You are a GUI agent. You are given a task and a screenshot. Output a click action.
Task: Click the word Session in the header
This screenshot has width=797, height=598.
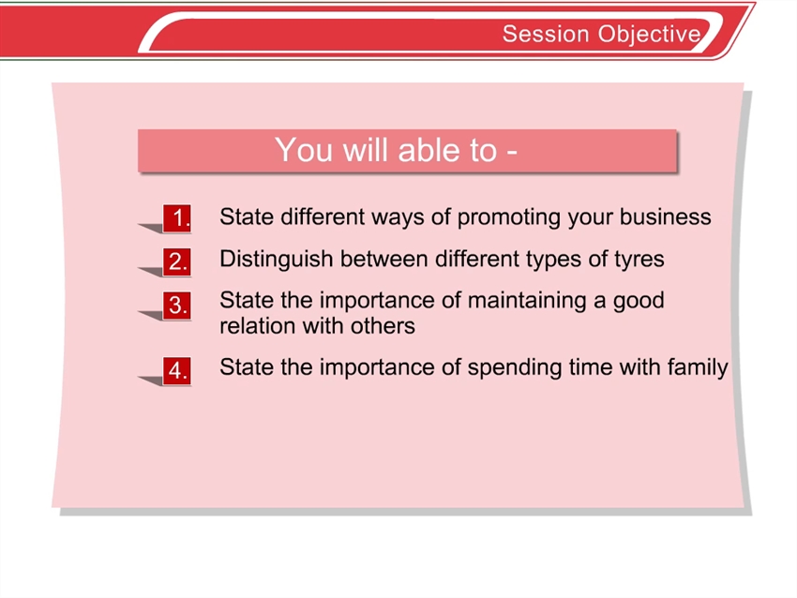tap(547, 34)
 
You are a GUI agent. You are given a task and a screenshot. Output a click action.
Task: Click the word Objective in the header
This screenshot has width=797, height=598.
tap(650, 35)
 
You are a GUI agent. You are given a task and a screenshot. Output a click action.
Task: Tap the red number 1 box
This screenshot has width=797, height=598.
tap(177, 218)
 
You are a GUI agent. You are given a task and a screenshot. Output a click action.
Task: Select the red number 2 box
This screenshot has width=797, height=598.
tap(177, 262)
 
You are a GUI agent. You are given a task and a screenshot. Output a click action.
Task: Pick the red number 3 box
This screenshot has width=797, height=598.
tap(177, 306)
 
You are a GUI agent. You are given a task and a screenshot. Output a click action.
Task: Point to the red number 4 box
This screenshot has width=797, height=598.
tap(177, 370)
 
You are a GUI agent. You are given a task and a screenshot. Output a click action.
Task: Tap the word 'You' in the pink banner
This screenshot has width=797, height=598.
tap(304, 150)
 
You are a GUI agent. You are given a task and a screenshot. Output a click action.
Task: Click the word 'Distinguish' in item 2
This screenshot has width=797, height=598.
tap(276, 259)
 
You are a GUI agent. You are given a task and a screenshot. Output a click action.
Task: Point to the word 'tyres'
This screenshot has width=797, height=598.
tap(639, 260)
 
